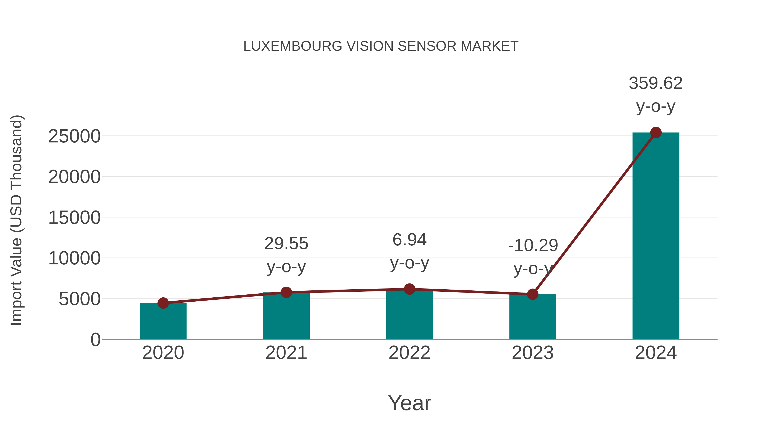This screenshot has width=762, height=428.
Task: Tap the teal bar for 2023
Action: pos(533,317)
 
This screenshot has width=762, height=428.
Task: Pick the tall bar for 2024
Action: pos(656,236)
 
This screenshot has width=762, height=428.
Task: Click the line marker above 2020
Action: pos(163,303)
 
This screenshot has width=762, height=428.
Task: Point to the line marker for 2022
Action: pos(409,289)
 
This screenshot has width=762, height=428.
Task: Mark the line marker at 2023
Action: pos(533,294)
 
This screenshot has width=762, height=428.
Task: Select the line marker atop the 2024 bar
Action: pos(656,133)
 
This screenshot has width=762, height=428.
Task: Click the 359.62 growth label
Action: pos(656,83)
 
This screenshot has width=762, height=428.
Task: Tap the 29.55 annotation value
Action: pos(286,244)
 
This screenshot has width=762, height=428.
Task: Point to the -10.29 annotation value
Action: pos(533,245)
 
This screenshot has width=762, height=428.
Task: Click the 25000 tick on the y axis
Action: pos(74,137)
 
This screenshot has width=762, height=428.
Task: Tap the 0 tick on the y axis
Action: pos(95,340)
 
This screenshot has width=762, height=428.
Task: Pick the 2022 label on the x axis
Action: pos(409,353)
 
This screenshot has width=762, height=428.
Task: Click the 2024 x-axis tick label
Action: pos(656,353)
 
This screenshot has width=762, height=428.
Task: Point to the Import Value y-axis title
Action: pos(16,220)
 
